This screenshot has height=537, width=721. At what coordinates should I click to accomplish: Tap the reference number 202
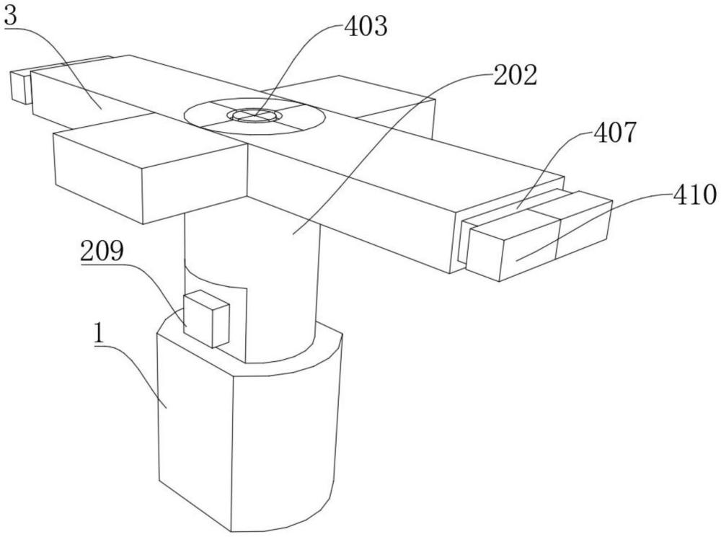click(515, 74)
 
